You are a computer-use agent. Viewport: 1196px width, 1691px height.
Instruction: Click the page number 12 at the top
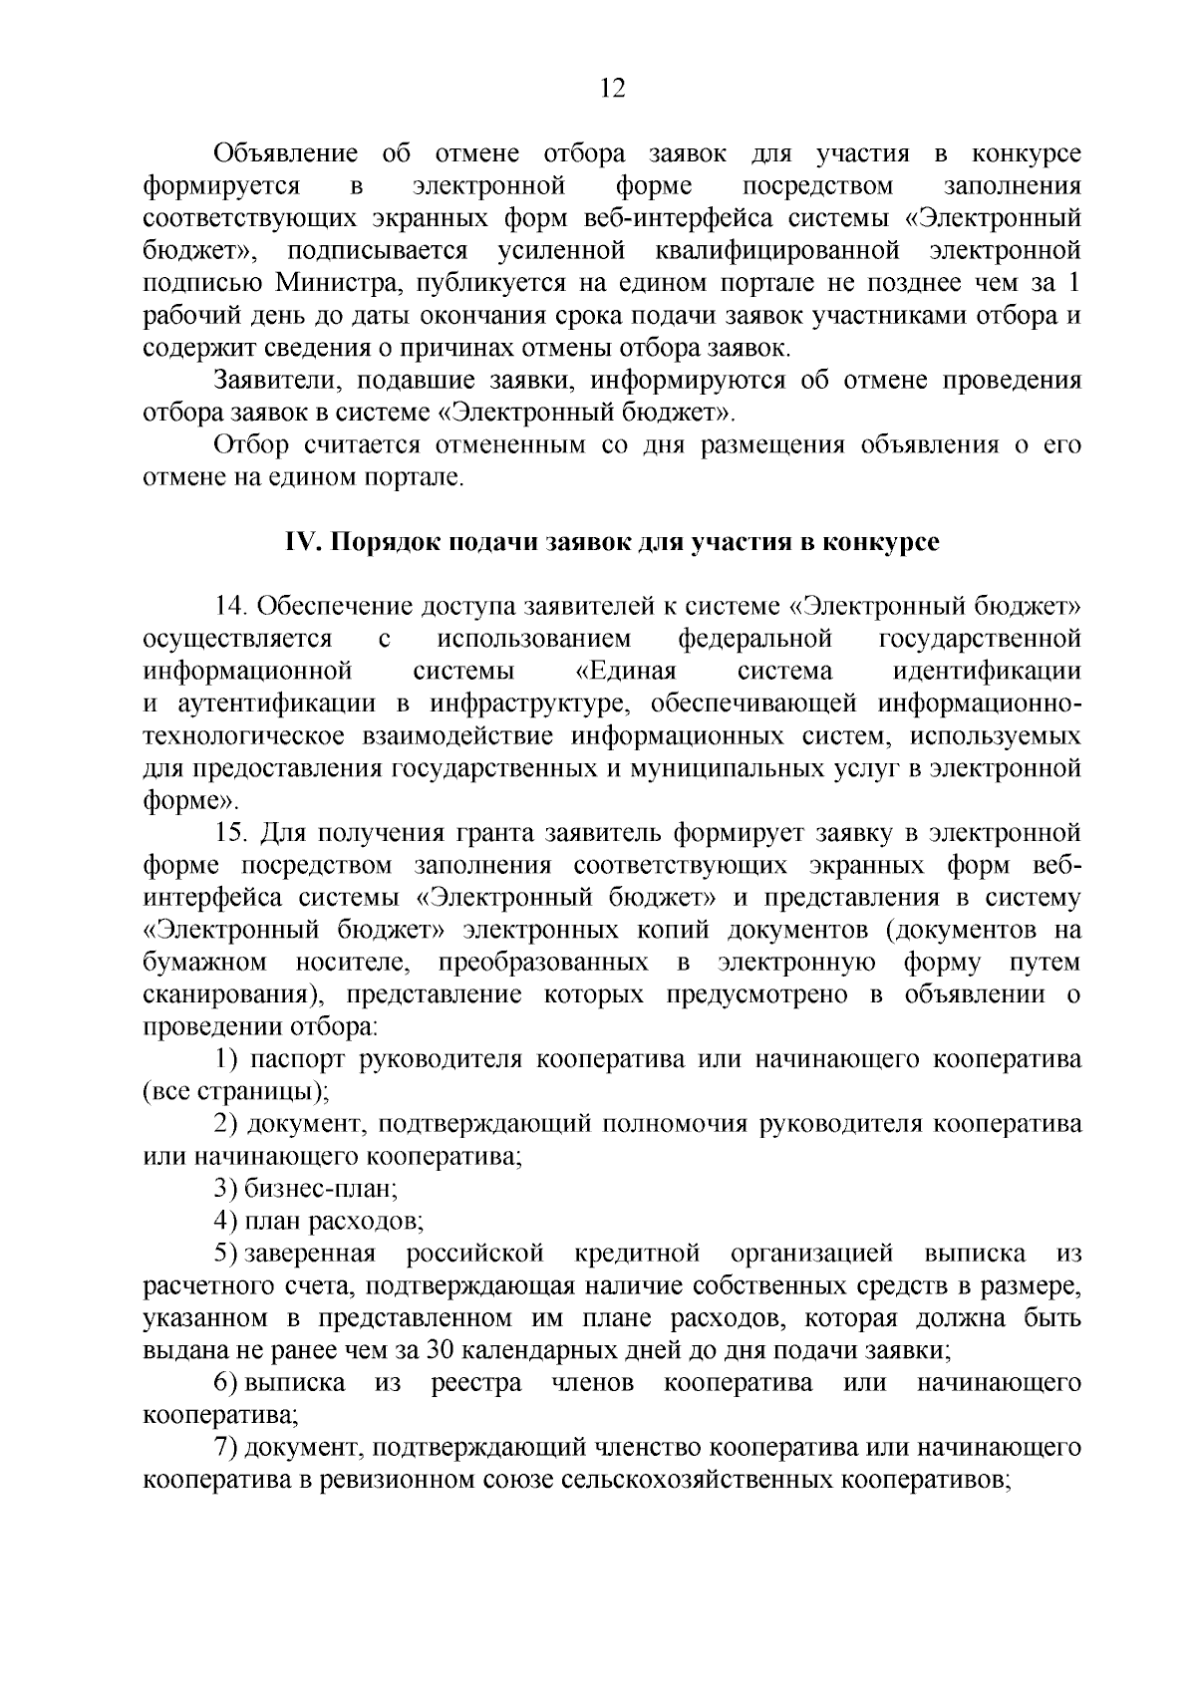612,90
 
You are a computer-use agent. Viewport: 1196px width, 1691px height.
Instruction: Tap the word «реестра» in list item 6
475,1384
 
